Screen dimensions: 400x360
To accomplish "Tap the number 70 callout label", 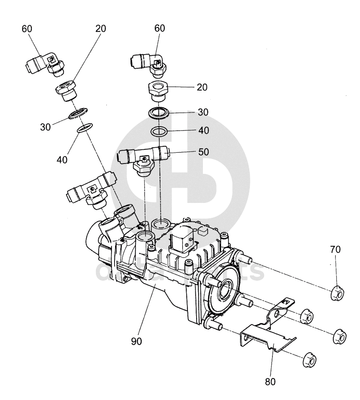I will click(x=336, y=249).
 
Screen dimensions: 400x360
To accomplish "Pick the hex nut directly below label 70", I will click(x=337, y=294).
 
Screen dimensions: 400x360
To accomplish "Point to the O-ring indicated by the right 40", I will click(x=160, y=131).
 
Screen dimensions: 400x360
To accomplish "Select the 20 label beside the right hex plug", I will click(x=202, y=87).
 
